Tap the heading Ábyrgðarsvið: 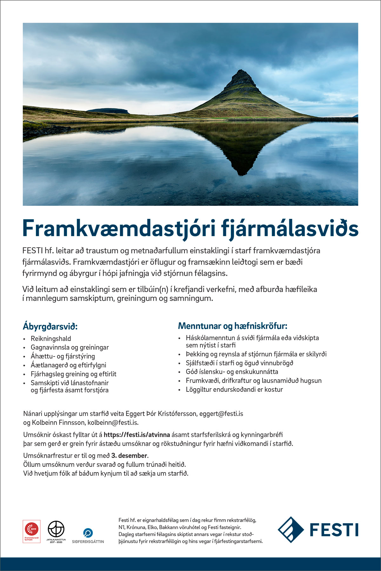tap(50, 326)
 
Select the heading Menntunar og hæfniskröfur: tap(232, 326)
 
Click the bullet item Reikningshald tap(51, 338)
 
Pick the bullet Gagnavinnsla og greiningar tap(70, 347)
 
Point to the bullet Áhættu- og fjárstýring tap(63, 356)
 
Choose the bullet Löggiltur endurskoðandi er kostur tap(234, 389)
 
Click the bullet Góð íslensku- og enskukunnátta tap(232, 371)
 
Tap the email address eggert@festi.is tap(221, 414)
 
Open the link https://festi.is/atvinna tap(137, 435)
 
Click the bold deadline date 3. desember tap(129, 456)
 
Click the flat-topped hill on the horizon tap(108, 111)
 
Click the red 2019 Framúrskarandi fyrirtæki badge tap(31, 531)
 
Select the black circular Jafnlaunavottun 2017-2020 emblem tap(56, 529)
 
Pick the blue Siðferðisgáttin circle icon tap(88, 532)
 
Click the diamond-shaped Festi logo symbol tap(291, 530)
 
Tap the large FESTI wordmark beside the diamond tap(334, 530)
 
